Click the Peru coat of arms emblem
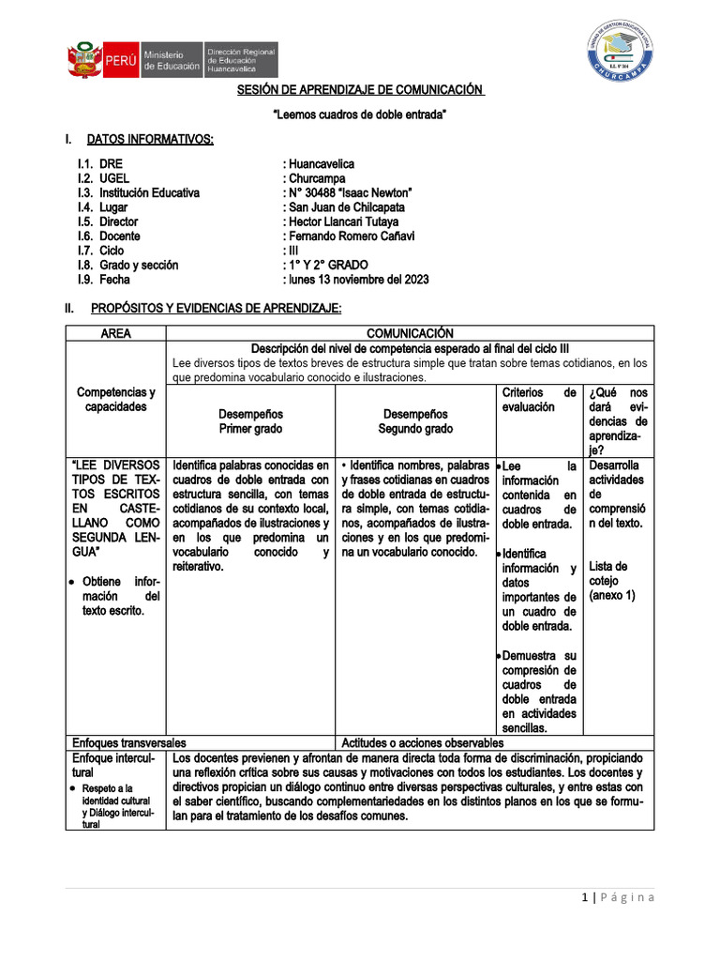tap(83, 59)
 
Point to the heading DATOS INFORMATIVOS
tap(150, 140)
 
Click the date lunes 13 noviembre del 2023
tap(356, 280)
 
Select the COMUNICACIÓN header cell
tap(410, 333)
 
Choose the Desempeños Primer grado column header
tap(250, 421)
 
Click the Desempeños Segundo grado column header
tap(415, 421)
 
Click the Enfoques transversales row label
tap(129, 741)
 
